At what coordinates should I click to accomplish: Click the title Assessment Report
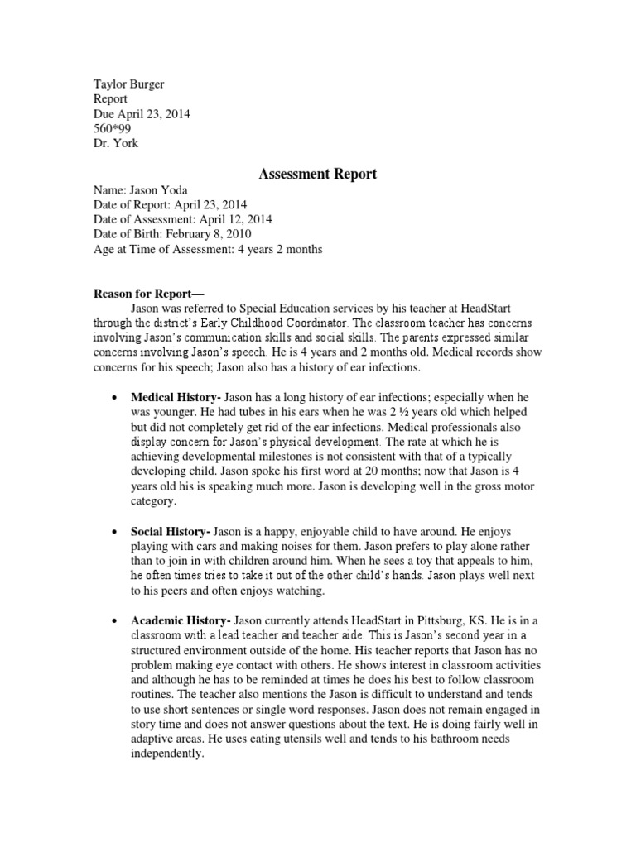(318, 174)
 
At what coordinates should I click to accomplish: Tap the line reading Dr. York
(115, 143)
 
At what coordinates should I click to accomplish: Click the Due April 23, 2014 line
(141, 113)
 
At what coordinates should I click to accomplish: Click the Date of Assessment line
(182, 219)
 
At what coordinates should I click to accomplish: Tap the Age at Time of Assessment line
(207, 249)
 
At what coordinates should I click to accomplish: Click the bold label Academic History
(181, 620)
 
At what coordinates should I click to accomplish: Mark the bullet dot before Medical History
(113, 397)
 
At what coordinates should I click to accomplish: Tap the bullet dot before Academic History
(113, 620)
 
